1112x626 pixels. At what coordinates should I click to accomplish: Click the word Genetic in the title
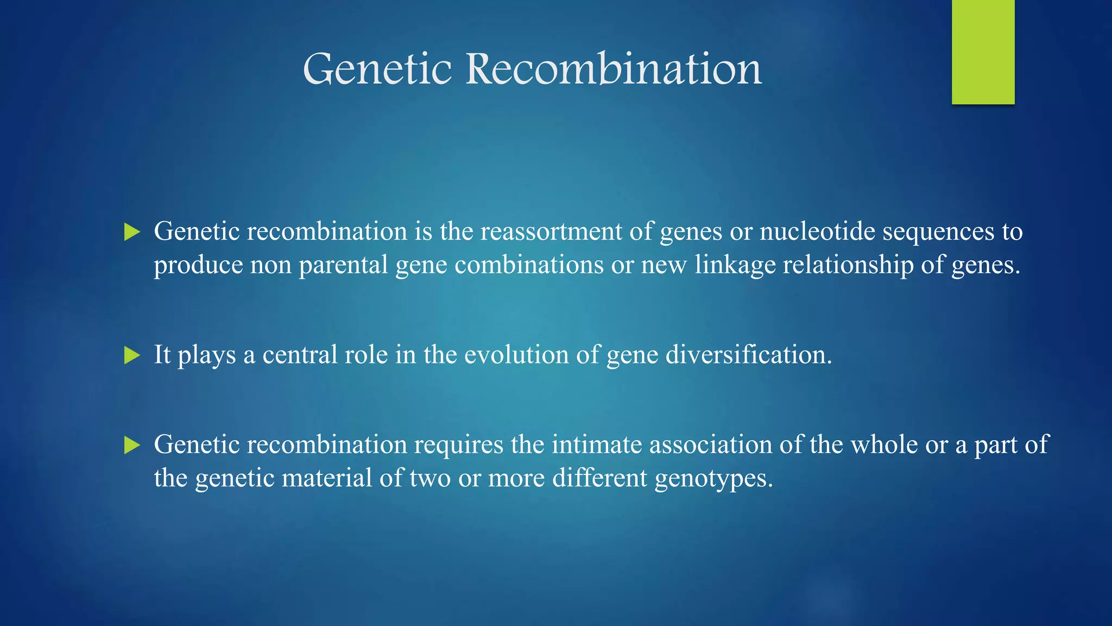point(377,69)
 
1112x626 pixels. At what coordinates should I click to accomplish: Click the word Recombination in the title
point(614,69)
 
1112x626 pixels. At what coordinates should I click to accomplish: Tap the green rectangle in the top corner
point(983,52)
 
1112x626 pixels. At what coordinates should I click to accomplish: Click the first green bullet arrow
point(132,232)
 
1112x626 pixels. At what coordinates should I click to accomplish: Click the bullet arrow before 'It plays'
point(132,355)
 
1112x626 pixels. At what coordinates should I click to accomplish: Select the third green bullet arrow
point(132,445)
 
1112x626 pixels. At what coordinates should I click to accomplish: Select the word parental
point(343,266)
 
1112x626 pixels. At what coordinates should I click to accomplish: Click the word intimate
point(597,445)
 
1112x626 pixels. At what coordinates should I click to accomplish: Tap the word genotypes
point(713,479)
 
